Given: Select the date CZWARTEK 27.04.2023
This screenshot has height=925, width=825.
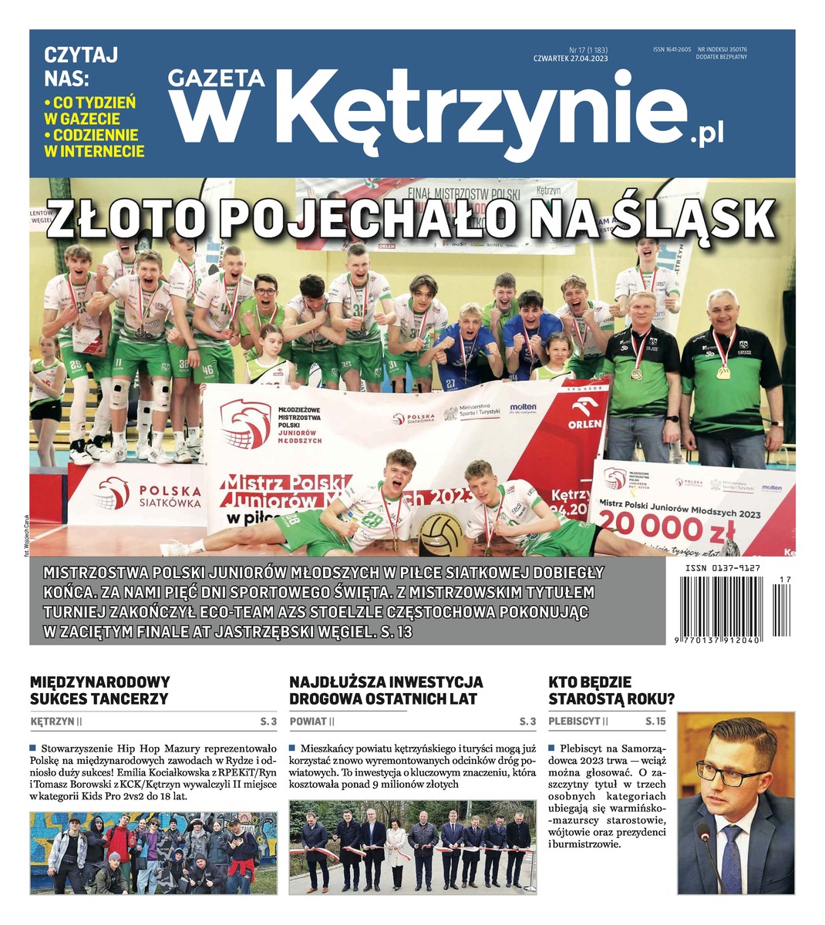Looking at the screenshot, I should (571, 59).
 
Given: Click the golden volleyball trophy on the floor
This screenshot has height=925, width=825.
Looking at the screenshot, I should (441, 534).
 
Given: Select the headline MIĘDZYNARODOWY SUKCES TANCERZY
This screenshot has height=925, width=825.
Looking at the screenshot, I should (99, 691).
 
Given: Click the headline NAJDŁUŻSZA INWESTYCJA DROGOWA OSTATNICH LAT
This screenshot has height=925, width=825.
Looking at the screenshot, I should (386, 691).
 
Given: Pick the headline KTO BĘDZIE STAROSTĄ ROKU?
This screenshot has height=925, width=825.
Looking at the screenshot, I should (611, 691).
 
